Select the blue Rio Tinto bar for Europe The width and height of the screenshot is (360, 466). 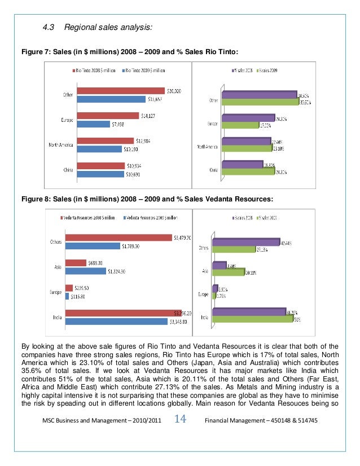94,124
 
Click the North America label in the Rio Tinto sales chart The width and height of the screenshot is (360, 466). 62,145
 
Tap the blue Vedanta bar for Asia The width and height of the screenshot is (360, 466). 86,271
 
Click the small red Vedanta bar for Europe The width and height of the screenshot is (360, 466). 69,288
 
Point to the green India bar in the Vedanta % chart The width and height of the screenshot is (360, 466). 252,319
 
